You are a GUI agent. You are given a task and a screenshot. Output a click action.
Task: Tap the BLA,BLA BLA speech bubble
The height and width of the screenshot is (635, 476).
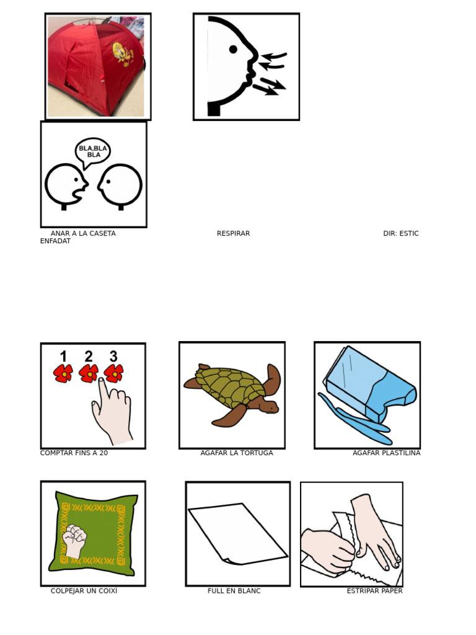pyautogui.click(x=93, y=151)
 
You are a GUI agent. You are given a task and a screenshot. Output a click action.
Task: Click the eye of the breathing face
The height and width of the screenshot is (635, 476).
pyautogui.click(x=233, y=49)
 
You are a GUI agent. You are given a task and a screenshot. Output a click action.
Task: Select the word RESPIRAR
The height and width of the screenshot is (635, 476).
pyautogui.click(x=233, y=234)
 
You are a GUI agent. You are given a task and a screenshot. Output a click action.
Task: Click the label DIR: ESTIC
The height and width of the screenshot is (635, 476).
pyautogui.click(x=400, y=234)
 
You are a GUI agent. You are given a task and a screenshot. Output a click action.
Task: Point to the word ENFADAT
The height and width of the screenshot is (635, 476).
pyautogui.click(x=55, y=241)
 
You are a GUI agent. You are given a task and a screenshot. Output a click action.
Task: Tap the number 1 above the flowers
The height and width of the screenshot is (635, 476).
pyautogui.click(x=63, y=356)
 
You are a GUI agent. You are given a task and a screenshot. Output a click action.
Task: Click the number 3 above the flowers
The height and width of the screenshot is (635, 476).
pyautogui.click(x=113, y=356)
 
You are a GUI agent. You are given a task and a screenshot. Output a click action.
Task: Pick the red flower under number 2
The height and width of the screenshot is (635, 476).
pyautogui.click(x=89, y=373)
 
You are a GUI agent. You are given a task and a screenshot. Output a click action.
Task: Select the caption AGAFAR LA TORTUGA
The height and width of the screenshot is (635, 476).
pyautogui.click(x=237, y=453)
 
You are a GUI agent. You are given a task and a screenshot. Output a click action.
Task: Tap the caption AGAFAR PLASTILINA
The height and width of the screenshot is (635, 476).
pyautogui.click(x=386, y=453)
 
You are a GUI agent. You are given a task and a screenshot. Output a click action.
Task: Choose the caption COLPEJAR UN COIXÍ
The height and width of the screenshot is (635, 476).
pyautogui.click(x=84, y=591)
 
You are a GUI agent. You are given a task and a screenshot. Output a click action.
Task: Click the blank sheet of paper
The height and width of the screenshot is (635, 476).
pyautogui.click(x=237, y=533)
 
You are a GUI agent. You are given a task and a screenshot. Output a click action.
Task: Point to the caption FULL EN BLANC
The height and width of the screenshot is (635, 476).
pyautogui.click(x=234, y=591)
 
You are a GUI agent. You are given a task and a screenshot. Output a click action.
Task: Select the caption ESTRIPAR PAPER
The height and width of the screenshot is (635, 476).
pyautogui.click(x=374, y=591)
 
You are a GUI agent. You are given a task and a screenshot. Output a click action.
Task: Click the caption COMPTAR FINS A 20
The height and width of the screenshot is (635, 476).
pyautogui.click(x=74, y=453)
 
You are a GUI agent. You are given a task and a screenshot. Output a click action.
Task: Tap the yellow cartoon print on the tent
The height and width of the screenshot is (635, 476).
pyautogui.click(x=123, y=53)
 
